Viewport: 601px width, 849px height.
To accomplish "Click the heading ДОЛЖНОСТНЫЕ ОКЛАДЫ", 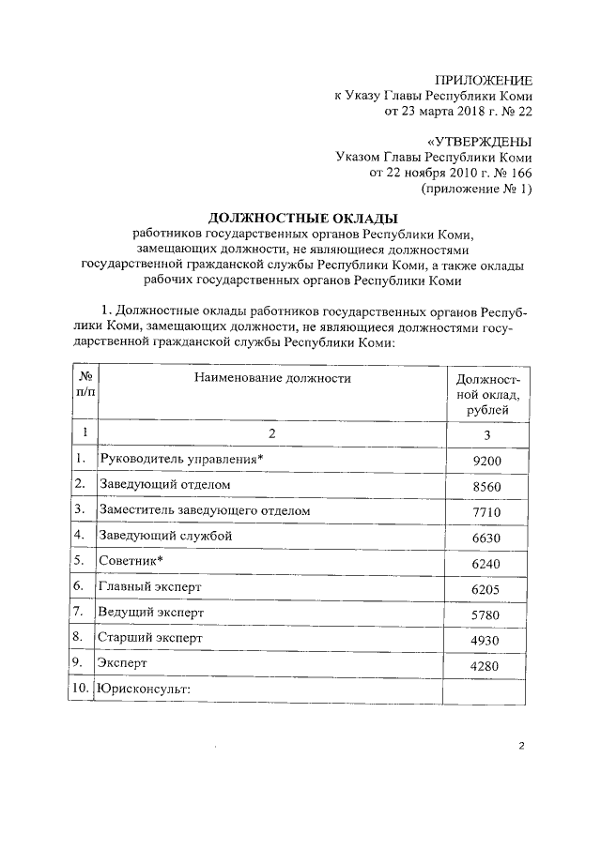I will click(303, 218).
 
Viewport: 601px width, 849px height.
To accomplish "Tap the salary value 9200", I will click(488, 461).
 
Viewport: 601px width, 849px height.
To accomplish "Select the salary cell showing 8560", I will click(488, 486).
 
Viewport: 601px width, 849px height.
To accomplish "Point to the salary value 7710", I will click(488, 511).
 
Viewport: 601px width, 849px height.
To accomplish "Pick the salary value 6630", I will click(488, 538).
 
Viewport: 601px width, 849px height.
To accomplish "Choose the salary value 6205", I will click(488, 588).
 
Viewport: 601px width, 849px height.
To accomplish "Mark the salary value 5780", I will click(488, 614).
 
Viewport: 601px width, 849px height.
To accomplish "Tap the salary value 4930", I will click(488, 640).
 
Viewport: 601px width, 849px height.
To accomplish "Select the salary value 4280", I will click(488, 666).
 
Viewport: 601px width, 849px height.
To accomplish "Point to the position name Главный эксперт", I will click(150, 586).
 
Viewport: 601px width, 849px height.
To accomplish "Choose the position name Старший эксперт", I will click(151, 638).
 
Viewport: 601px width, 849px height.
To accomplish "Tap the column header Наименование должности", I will click(272, 378).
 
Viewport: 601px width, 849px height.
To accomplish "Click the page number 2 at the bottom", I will click(520, 746).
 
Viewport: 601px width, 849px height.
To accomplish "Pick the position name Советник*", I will click(131, 561).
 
